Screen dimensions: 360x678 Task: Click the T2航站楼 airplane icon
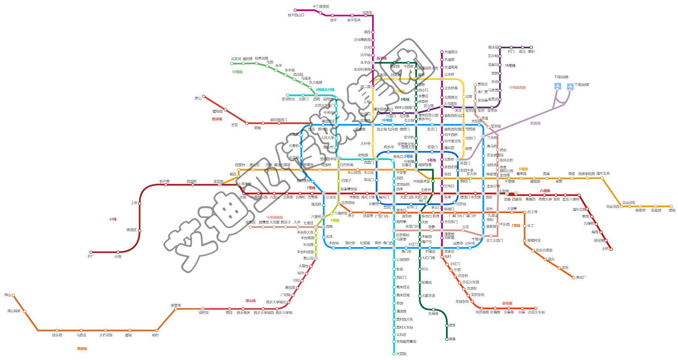pos(558,87)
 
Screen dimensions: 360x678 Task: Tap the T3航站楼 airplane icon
pos(570,87)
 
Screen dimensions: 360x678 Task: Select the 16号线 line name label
pos(237,72)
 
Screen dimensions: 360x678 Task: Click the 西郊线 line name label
pos(217,119)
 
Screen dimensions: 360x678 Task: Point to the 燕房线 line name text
pos(82,349)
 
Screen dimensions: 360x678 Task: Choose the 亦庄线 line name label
pos(507,304)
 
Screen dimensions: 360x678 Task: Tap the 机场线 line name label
pos(535,124)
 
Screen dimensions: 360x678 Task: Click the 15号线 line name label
pos(510,66)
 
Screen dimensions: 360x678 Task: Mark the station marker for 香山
pos(204,96)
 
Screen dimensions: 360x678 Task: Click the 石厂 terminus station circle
pos(91,252)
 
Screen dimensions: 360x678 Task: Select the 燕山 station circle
pos(14,295)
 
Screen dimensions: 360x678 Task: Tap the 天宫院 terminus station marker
pos(394,354)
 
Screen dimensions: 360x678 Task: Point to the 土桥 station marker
pos(611,249)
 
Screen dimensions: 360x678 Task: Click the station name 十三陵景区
pos(321,7)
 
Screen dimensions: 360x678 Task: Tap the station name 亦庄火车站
pos(536,312)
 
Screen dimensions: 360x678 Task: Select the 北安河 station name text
pos(236,59)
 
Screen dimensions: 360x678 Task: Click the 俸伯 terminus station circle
pos(531,48)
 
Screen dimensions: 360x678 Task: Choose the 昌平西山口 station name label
pos(296,15)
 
